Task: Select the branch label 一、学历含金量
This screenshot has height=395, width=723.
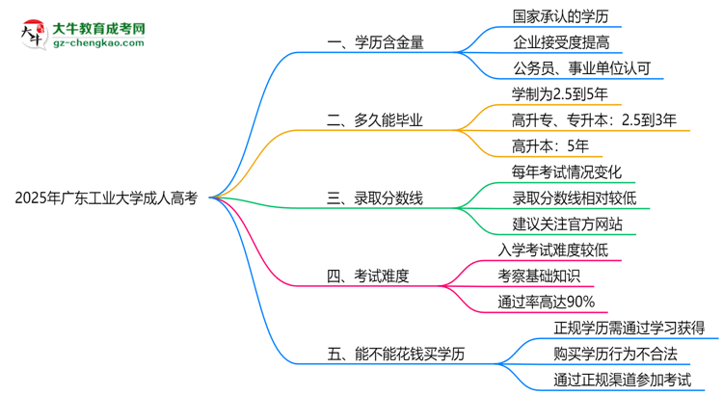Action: click(x=376, y=42)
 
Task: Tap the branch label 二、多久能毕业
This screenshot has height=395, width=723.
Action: click(x=376, y=120)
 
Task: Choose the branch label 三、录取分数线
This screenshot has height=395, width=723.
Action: click(x=376, y=198)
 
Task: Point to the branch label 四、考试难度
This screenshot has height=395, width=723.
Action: click(x=369, y=276)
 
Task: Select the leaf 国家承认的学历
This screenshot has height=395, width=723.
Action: click(x=548, y=16)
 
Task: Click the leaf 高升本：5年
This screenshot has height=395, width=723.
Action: click(x=544, y=146)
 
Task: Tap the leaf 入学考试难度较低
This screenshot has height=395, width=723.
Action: click(x=553, y=250)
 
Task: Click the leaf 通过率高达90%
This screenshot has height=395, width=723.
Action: click(x=540, y=303)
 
